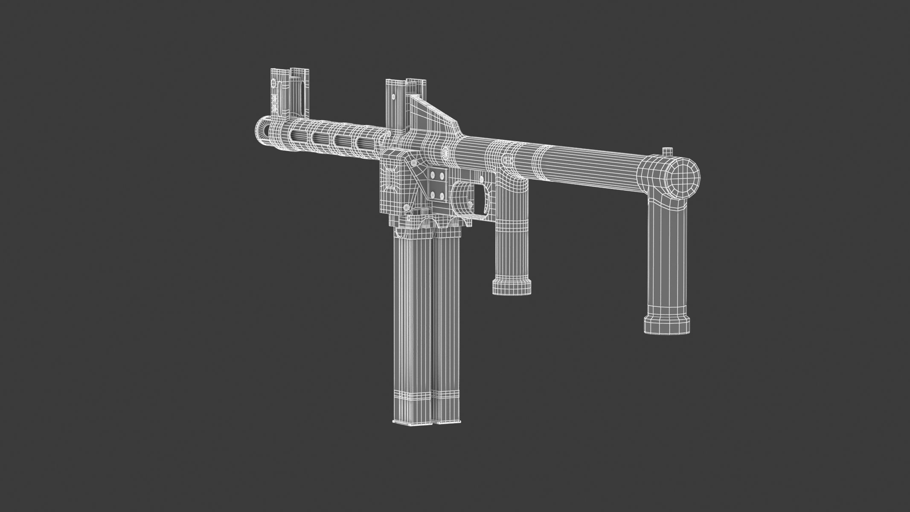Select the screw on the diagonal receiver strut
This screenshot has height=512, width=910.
point(414,163)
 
